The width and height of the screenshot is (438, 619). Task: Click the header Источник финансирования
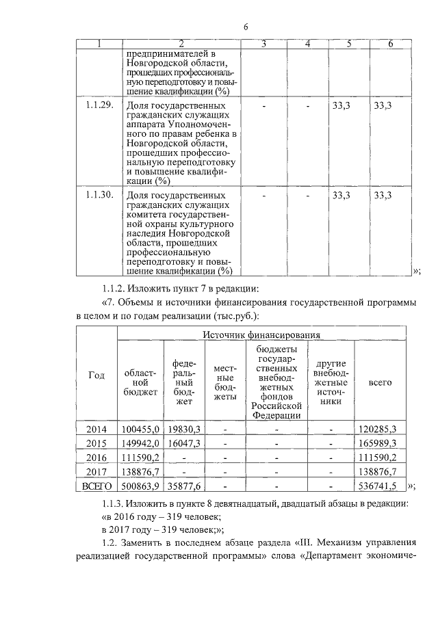pyautogui.click(x=261, y=334)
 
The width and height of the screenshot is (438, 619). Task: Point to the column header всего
pyautogui.click(x=380, y=382)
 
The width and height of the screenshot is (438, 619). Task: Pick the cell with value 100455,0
pyautogui.click(x=140, y=429)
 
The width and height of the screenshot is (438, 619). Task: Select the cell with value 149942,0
pyautogui.click(x=140, y=443)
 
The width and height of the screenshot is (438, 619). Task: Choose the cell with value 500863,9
pyautogui.click(x=140, y=486)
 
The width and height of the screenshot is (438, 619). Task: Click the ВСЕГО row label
pyautogui.click(x=96, y=486)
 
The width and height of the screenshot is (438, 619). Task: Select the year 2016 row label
pyautogui.click(x=96, y=458)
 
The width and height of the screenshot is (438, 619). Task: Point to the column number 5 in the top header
pyautogui.click(x=349, y=44)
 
